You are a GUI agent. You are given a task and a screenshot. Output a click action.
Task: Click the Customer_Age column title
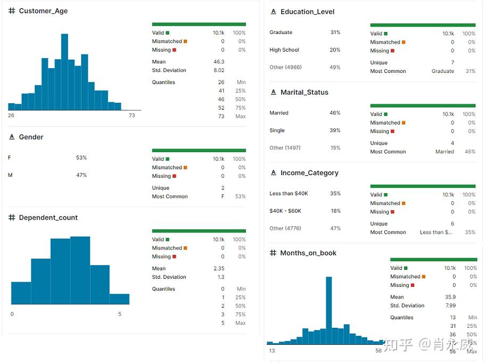coord(43,11)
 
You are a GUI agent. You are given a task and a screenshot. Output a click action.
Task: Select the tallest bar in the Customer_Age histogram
coord(64,72)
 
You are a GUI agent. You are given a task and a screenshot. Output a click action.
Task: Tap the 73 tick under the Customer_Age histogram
coord(132,115)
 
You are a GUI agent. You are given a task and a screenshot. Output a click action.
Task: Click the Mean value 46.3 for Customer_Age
coord(219,62)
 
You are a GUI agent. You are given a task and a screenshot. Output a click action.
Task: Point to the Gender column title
coord(31,137)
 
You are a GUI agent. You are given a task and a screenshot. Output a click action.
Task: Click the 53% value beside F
coord(81,158)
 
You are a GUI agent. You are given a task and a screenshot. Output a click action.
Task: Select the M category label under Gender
coord(10,175)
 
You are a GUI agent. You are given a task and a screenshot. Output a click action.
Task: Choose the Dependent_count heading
coord(48,218)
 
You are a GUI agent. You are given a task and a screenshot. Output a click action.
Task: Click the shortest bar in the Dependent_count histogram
coord(119,299)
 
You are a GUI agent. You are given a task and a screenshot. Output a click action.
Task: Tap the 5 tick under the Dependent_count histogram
coord(120,314)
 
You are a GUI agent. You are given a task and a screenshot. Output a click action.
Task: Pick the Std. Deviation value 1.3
coord(220,277)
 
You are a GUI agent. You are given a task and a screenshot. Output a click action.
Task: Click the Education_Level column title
coord(307,12)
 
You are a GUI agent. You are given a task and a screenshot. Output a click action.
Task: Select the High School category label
coord(284,50)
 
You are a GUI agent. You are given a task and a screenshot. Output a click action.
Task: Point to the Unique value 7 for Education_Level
coord(453,63)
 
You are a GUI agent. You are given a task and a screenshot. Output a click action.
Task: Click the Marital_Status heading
coord(304,93)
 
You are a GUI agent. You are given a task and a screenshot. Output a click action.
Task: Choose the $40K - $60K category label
coord(285,211)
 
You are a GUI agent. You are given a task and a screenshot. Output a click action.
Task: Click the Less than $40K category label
coord(289,194)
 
